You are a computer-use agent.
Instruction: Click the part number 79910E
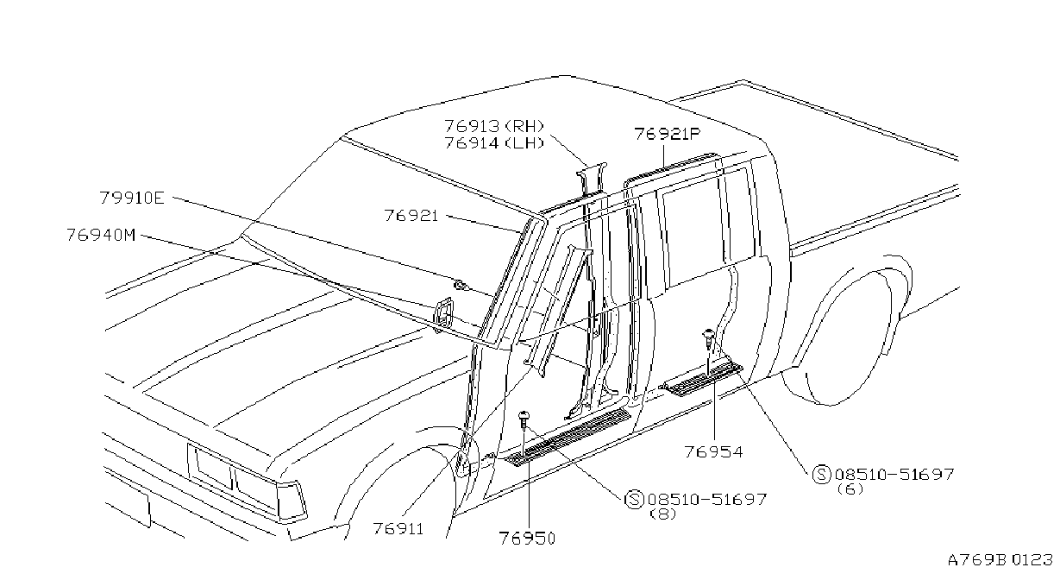(132, 198)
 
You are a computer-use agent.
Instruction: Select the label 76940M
(101, 235)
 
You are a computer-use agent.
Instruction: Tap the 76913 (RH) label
(494, 126)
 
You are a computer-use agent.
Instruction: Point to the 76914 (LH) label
(494, 142)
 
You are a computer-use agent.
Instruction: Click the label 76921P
(668, 134)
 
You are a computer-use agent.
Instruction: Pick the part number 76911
(398, 528)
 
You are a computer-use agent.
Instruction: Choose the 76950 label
(527, 539)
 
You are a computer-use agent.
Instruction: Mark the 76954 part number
(713, 451)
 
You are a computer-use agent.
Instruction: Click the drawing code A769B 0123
(1000, 560)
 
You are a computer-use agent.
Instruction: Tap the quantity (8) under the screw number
(663, 514)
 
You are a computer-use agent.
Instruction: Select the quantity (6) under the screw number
(850, 489)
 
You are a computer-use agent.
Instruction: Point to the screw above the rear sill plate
(708, 337)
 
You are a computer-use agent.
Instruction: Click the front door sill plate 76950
(568, 437)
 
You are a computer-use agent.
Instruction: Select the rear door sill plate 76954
(701, 376)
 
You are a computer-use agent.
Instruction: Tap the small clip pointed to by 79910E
(461, 286)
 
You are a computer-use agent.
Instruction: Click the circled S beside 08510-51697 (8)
(634, 499)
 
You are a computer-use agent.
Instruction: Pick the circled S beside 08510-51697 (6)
(821, 474)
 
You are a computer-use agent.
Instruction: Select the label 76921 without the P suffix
(411, 216)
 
